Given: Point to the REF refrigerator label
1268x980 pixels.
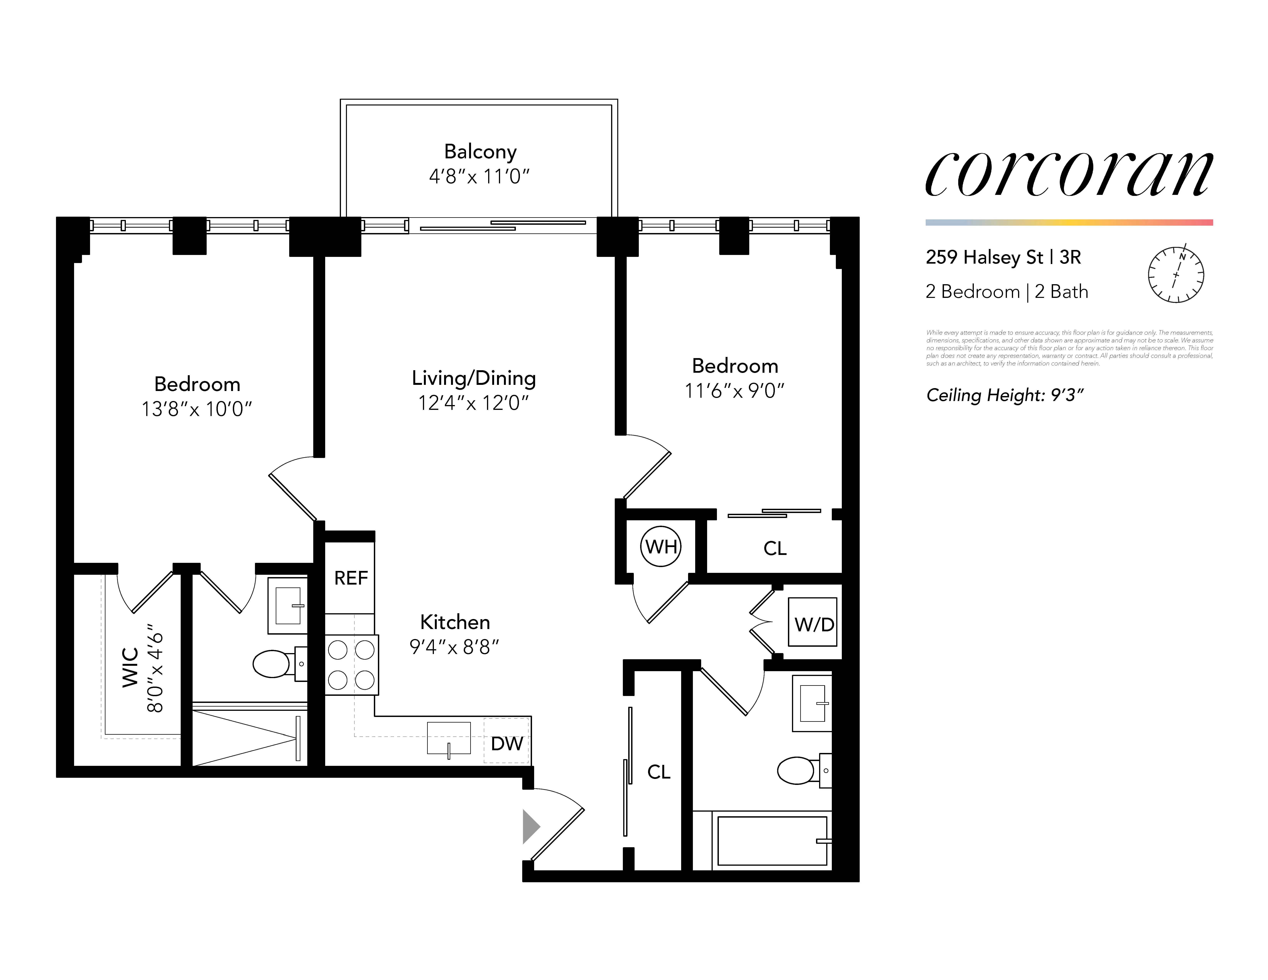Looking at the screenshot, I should (351, 578).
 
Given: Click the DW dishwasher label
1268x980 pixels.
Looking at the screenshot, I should (506, 743).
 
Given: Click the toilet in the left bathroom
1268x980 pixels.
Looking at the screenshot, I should (273, 664).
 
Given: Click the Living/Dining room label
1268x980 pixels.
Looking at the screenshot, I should (474, 378).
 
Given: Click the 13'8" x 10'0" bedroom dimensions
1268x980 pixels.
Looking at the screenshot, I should (197, 409).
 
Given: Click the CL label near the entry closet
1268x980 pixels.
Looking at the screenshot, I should (658, 772).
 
